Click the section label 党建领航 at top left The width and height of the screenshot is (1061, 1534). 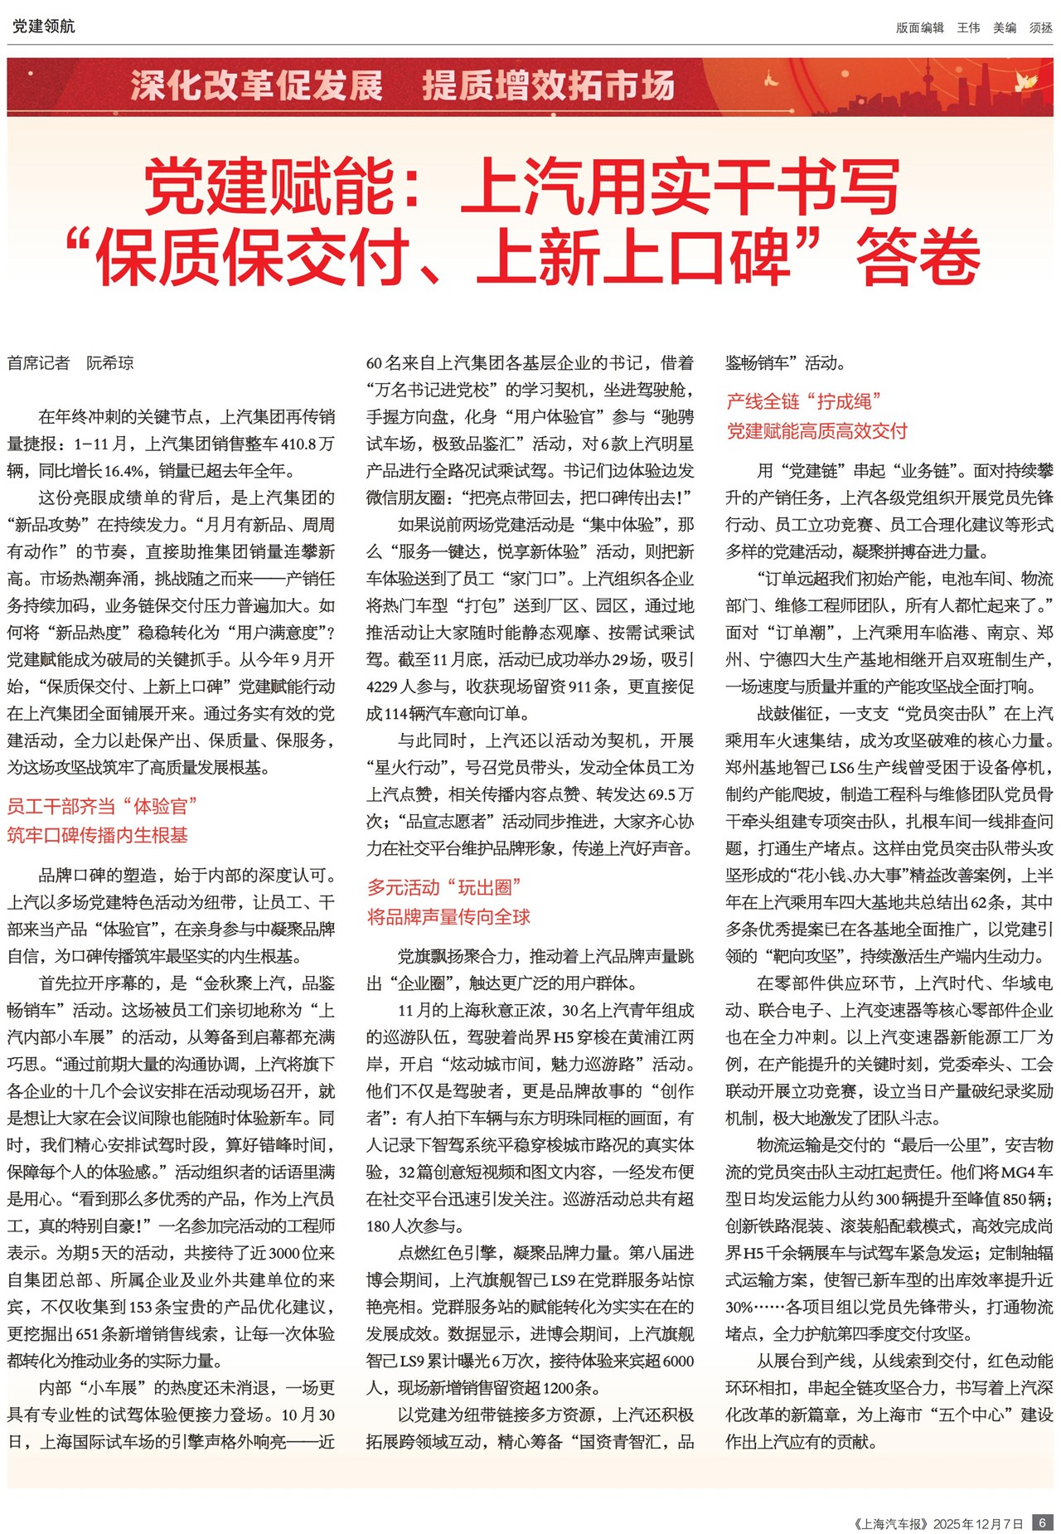coord(43,27)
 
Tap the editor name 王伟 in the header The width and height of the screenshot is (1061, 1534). coord(968,27)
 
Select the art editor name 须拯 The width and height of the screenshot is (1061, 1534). coord(1040,27)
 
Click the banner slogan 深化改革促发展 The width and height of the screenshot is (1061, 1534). coord(256,86)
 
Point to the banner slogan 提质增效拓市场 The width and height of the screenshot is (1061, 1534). coord(548,86)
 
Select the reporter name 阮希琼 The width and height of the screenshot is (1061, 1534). coord(110,363)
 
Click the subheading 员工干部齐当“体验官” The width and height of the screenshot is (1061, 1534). coord(103,806)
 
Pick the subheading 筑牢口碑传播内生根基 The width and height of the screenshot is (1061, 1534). coord(98,835)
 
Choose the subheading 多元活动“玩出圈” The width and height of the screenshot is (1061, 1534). coord(444,887)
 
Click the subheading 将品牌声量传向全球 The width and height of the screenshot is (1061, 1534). coord(448,916)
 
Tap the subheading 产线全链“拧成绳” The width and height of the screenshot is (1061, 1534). coord(804,401)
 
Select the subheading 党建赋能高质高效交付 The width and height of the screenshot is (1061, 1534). coord(816,431)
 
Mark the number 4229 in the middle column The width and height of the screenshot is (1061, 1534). coord(383,687)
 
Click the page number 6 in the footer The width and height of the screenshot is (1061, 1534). coord(1043,1522)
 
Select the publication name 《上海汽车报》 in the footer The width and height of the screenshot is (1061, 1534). coord(890,1523)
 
